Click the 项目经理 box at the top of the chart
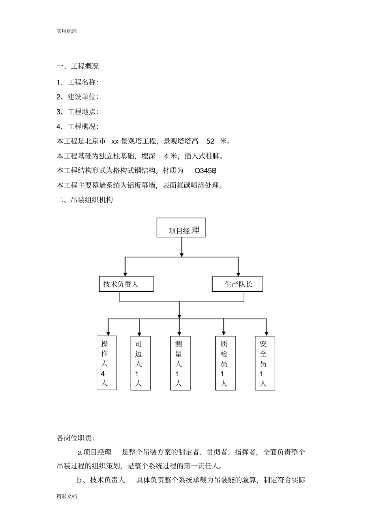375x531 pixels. [x=181, y=228]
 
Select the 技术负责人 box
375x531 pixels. [x=126, y=284]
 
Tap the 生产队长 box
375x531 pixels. [x=237, y=284]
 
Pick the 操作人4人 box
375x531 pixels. [x=107, y=363]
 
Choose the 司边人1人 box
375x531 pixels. [x=141, y=363]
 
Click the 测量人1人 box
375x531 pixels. [x=180, y=363]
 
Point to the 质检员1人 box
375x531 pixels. [x=225, y=363]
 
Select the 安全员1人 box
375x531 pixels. [x=265, y=363]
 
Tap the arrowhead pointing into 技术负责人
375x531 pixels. [x=125, y=273]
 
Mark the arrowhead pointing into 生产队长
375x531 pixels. [x=238, y=273]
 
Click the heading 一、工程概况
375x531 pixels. [x=78, y=66]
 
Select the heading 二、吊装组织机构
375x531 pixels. [x=85, y=200]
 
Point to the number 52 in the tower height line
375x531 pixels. [x=210, y=141]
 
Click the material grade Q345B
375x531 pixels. [x=206, y=171]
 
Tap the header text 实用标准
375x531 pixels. [x=67, y=31]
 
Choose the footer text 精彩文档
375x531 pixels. [x=67, y=496]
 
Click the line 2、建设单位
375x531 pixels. [x=77, y=97]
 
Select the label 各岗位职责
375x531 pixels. [x=76, y=438]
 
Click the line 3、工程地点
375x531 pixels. [x=77, y=112]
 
